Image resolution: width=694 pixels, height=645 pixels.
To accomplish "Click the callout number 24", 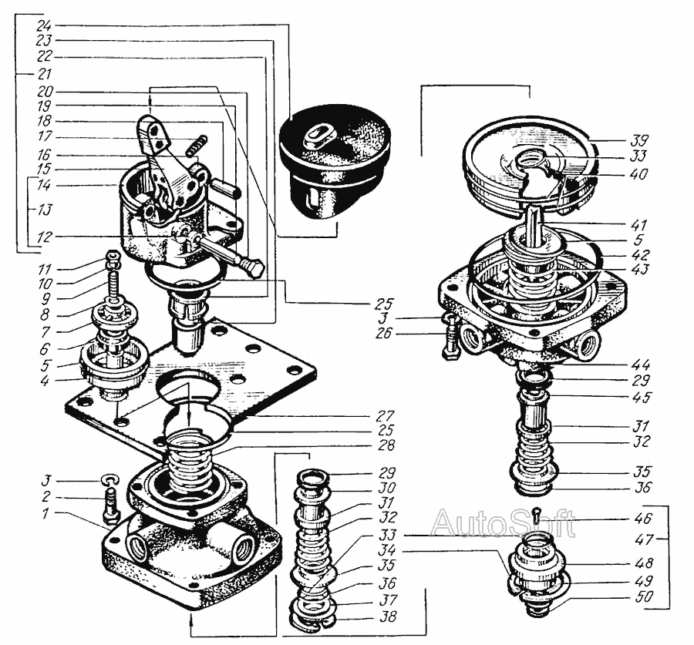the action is click(x=44, y=25).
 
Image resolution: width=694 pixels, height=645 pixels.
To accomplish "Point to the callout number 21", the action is click(x=44, y=74).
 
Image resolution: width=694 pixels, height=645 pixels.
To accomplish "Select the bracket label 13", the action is click(x=44, y=210).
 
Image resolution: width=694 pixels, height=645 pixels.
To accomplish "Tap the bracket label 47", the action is click(x=644, y=539).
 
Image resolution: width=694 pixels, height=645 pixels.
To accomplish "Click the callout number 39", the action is click(x=639, y=141).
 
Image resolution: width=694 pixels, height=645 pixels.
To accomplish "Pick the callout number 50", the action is click(x=644, y=596).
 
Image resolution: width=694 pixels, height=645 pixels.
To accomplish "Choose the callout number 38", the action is click(x=388, y=616).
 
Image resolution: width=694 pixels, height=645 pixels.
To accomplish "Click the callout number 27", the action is click(x=385, y=416).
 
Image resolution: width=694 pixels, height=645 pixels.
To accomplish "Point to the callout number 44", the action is click(x=641, y=364).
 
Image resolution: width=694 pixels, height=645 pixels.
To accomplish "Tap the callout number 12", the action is click(x=44, y=237).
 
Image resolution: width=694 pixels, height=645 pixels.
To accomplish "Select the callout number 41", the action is click(x=638, y=225).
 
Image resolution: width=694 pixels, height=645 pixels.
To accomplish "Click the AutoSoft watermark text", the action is click(x=503, y=523).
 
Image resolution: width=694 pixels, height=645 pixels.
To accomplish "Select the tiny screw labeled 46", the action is click(x=537, y=513).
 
